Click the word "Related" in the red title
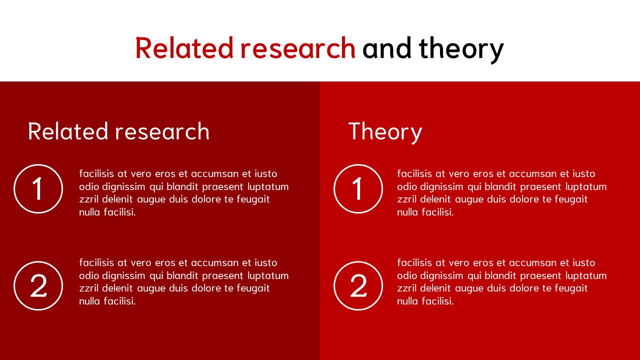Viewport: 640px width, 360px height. coord(184,48)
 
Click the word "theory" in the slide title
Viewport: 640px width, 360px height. coord(461,49)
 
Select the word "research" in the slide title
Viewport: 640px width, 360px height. coord(297,48)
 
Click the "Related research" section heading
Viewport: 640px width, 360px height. coord(118,131)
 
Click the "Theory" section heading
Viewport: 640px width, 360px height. coord(385,131)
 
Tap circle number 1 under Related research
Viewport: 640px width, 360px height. coord(38,189)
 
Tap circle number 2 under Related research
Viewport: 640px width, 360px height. coord(38,286)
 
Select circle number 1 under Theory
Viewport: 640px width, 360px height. coord(358,189)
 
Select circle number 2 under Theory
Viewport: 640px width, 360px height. coord(358,286)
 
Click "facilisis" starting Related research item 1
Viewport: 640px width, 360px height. coord(96,173)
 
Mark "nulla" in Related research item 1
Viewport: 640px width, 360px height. coord(90,212)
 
